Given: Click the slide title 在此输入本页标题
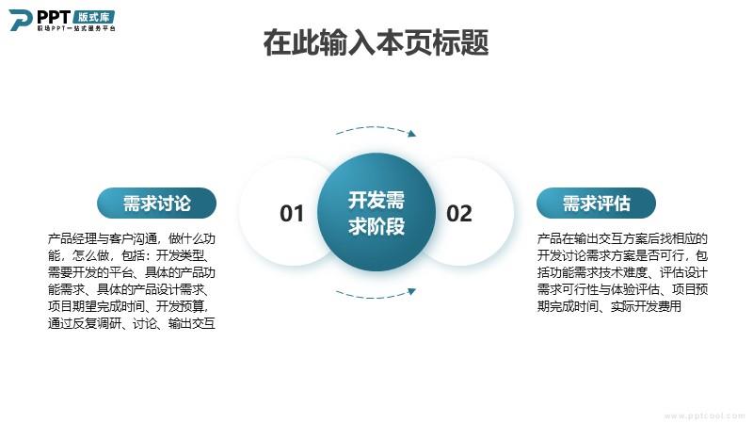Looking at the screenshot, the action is click(x=376, y=42).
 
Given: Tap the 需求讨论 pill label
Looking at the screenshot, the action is click(x=156, y=203).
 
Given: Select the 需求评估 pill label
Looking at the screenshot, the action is click(x=596, y=203).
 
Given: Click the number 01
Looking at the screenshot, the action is click(x=292, y=214).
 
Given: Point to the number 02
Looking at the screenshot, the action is click(x=459, y=214).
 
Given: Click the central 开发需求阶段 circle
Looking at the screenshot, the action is click(x=376, y=212).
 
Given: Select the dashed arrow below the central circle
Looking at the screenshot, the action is click(x=376, y=296).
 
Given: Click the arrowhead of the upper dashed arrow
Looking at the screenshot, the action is click(x=412, y=133).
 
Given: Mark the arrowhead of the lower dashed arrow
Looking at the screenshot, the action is click(x=412, y=291).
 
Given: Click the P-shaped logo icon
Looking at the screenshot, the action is click(x=20, y=20).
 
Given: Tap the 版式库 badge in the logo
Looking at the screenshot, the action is click(x=93, y=17).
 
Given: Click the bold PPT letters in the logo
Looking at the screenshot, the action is click(x=54, y=17).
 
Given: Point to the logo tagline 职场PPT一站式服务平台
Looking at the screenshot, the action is click(x=76, y=28).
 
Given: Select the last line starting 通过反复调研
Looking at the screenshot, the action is click(x=132, y=323).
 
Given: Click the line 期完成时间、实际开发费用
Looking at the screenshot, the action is click(x=609, y=306).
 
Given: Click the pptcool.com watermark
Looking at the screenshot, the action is click(x=704, y=416).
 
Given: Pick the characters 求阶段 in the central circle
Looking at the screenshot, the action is click(x=376, y=226).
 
